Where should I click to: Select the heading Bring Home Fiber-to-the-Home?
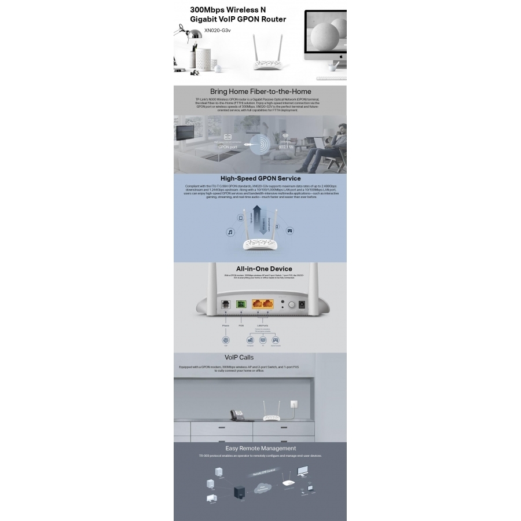click(260, 91)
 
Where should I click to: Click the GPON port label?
click(228, 147)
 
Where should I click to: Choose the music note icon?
click(229, 232)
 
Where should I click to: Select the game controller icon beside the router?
click(291, 230)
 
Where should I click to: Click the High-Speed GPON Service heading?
click(260, 178)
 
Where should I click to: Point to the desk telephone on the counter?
click(237, 414)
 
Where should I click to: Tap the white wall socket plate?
click(299, 399)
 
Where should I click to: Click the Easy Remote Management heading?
click(260, 448)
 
